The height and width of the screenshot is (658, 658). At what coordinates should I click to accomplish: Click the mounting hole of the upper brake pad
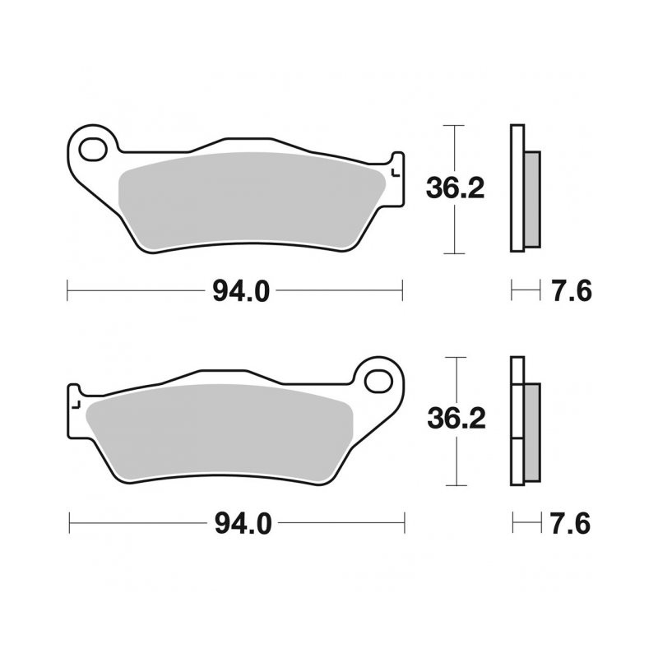(x=93, y=150)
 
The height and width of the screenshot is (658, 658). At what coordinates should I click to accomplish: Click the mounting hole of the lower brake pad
(x=378, y=382)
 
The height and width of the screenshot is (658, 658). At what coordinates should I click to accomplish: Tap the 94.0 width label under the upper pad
(x=241, y=291)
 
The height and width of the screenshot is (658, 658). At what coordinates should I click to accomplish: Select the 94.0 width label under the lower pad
(x=243, y=524)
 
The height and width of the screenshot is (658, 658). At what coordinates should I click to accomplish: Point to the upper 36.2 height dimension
(x=456, y=188)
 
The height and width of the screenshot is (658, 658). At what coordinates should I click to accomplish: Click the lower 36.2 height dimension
(x=456, y=419)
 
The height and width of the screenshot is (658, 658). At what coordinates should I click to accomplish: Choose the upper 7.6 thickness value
(x=572, y=291)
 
